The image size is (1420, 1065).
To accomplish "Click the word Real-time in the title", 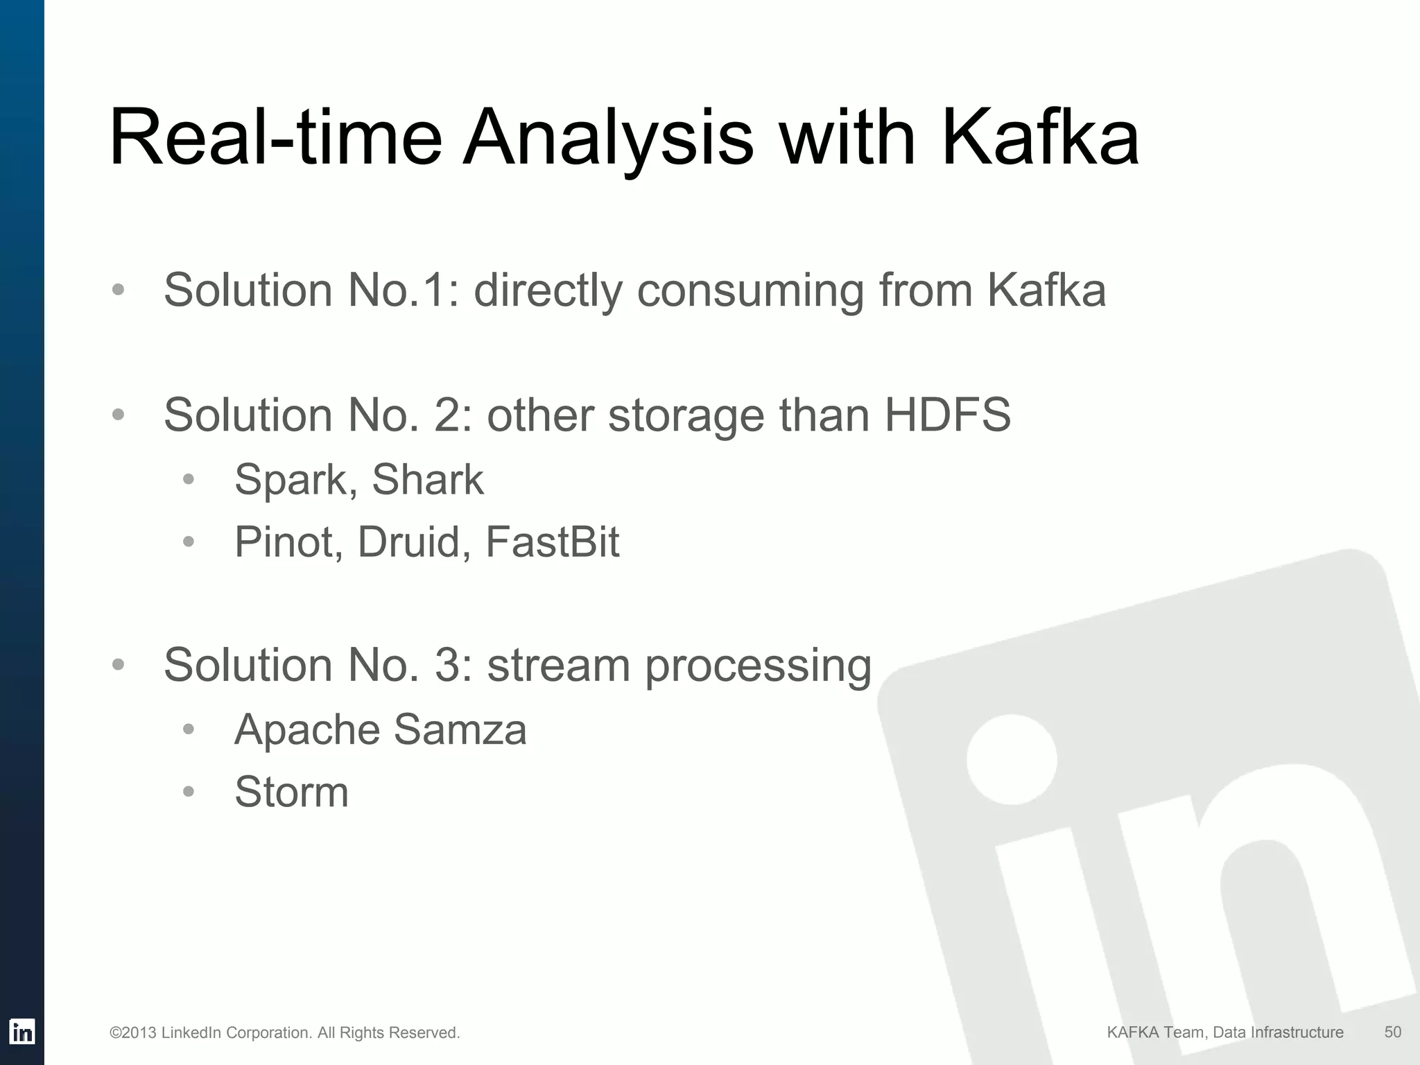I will pos(275,136).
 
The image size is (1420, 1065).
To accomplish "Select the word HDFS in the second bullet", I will pos(947,415).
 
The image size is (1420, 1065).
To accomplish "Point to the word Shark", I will pos(427,479).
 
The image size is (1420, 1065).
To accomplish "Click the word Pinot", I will pos(284,542).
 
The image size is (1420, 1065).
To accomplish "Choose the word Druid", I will pos(409,542).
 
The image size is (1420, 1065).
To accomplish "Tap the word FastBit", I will pos(552,542).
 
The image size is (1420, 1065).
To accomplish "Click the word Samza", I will pos(460,730).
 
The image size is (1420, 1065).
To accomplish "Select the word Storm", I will pos(291,792).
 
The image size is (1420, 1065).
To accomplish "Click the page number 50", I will pos(1392,1032).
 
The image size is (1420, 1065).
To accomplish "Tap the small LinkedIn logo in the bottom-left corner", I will pos(22,1032).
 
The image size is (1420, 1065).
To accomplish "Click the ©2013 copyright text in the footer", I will pos(284,1033).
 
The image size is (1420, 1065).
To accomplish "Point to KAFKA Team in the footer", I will pos(1154,1032).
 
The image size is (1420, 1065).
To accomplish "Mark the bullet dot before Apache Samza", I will pos(189,729).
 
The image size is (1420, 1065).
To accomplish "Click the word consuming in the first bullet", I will pos(750,291).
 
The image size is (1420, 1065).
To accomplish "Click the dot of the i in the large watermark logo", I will pos(1011,760).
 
